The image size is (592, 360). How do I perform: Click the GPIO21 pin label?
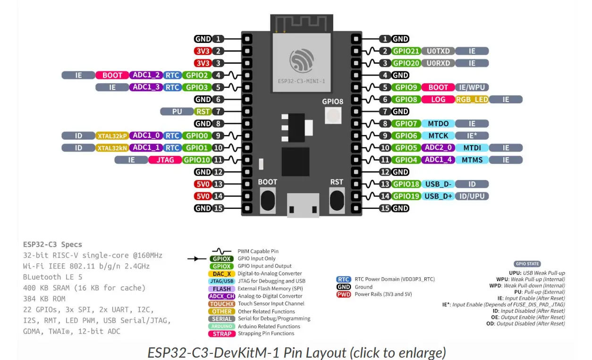pos(406,51)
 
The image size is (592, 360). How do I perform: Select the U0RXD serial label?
pos(439,63)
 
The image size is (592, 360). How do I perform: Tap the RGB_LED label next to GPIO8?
pos(472,99)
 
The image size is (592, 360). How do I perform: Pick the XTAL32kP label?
pos(112,136)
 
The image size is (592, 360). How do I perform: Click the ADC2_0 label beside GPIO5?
pos(438,147)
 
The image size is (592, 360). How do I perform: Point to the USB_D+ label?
pos(438,196)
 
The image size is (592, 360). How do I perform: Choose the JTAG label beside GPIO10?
pos(165,160)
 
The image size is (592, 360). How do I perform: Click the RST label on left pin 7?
pos(203,111)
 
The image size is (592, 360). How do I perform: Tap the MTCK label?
pos(438,136)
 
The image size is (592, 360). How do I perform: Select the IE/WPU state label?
pos(472,87)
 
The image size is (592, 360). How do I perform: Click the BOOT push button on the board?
pos(267,199)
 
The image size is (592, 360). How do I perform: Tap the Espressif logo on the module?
pos(302,61)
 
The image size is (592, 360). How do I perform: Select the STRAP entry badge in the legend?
pos(222,334)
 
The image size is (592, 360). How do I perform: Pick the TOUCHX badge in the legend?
pos(222,304)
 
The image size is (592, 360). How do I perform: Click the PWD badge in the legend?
pos(343,294)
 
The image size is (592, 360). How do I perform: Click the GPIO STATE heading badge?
pos(527,264)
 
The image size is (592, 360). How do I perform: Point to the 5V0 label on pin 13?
pos(203,184)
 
